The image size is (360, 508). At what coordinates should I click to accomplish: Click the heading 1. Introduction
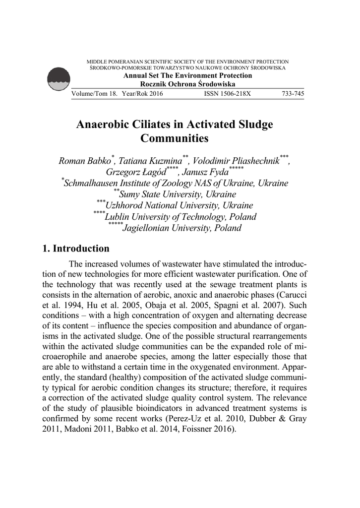tap(76, 249)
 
